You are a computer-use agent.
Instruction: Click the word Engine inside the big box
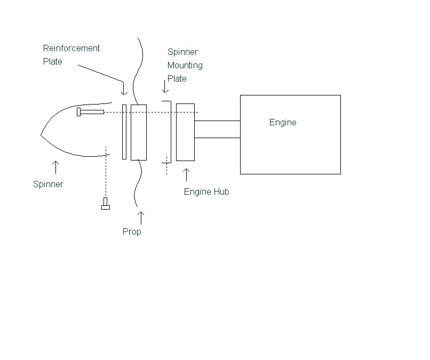(x=283, y=123)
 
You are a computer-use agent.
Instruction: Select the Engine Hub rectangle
(x=185, y=132)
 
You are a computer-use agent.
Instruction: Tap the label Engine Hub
(x=206, y=192)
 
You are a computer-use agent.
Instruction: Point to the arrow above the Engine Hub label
(x=186, y=175)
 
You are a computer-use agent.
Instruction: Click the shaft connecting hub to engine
(x=217, y=129)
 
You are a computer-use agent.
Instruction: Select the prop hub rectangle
(x=138, y=132)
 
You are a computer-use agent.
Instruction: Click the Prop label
(x=132, y=232)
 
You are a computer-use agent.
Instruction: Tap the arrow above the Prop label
(x=141, y=217)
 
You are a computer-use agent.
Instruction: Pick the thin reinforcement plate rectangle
(x=124, y=132)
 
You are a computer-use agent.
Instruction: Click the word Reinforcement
(x=71, y=49)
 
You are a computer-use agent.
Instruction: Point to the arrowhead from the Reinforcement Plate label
(x=124, y=92)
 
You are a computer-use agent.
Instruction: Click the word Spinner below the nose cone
(x=48, y=185)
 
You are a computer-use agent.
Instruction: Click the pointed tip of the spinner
(x=42, y=135)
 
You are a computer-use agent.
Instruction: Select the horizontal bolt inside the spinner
(x=90, y=112)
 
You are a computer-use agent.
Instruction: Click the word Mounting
(x=185, y=66)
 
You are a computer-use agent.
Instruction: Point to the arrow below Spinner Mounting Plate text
(x=163, y=87)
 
